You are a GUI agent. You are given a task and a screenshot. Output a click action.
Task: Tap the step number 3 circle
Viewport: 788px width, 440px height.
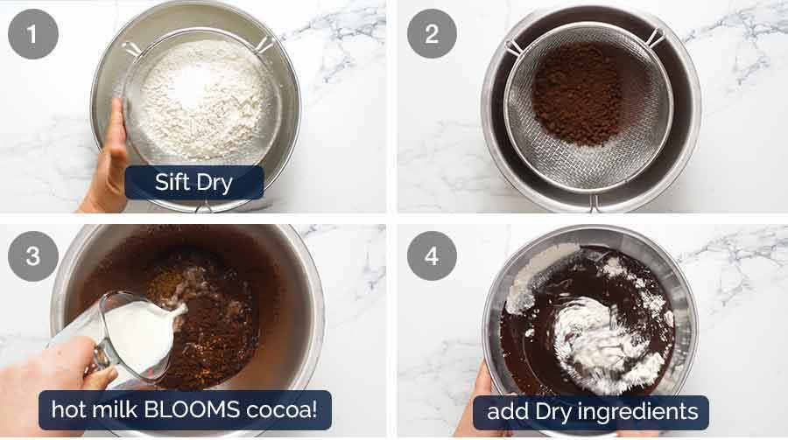(x=33, y=256)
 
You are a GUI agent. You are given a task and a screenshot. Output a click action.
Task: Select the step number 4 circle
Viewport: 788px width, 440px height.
(x=432, y=256)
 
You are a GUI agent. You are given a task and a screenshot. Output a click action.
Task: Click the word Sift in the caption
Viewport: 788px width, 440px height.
(x=172, y=183)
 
